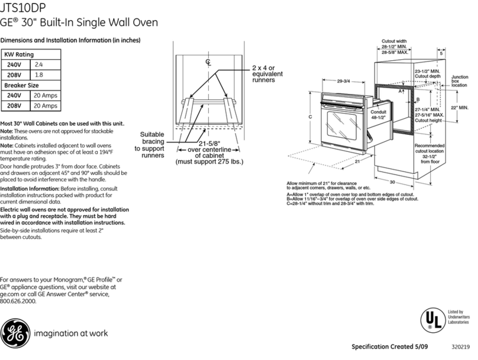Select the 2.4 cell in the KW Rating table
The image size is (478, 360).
40,64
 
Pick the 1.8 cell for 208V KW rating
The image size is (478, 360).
40,74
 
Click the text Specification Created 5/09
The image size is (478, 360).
385,346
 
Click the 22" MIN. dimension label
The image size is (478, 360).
459,108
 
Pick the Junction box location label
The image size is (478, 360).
460,81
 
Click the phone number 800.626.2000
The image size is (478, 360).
18,301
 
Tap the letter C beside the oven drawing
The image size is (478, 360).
311,117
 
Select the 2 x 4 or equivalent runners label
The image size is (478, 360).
268,74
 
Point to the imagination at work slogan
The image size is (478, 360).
70,333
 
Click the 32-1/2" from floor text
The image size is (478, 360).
429,158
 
